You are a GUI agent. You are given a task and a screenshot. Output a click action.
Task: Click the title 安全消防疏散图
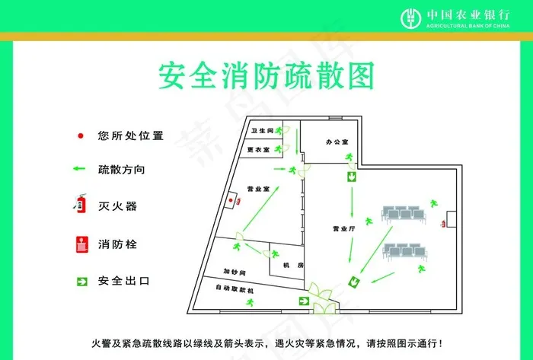click(266, 78)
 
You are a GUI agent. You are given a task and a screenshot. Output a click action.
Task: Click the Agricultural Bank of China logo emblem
click(410, 17)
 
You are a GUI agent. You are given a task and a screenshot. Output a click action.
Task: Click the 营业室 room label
click(258, 188)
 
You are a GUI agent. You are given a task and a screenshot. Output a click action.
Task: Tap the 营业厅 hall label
click(344, 228)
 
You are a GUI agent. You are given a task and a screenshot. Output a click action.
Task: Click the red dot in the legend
click(81, 136)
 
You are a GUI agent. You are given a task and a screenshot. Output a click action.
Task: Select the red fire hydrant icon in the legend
click(81, 244)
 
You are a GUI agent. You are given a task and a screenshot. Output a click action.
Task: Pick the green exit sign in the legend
click(81, 281)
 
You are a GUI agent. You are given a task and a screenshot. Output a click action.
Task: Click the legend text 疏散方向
click(121, 169)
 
